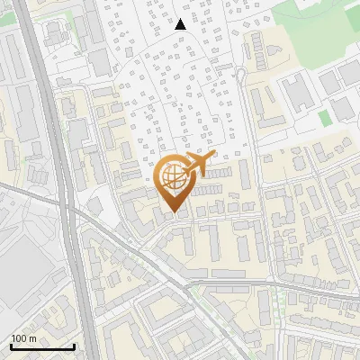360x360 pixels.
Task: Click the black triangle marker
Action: coord(180,24)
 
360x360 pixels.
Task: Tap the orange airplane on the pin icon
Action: coord(196,165)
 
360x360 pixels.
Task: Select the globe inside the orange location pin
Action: coord(175,179)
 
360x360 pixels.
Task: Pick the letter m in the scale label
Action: coord(32,338)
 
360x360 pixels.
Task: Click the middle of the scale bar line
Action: coord(41,346)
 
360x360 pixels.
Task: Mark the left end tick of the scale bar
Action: coord(10,346)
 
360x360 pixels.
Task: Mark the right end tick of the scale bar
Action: coord(74,346)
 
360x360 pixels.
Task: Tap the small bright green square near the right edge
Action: coord(325,118)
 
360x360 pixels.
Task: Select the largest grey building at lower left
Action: coord(22,288)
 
